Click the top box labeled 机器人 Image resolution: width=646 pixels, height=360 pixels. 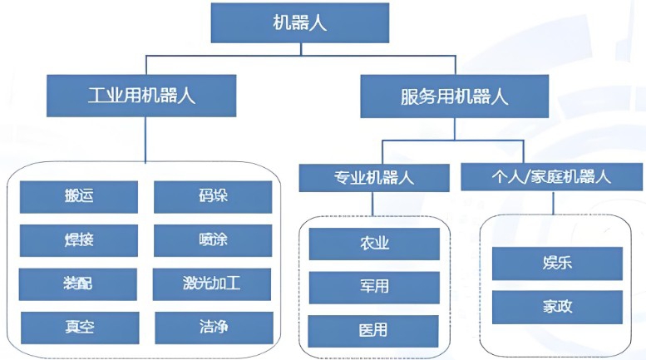point(300,22)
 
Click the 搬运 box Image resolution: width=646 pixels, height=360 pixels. point(78,197)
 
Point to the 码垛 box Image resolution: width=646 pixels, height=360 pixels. point(214,197)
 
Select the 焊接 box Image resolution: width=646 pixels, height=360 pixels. point(78,240)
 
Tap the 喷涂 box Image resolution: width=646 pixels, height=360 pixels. point(214,240)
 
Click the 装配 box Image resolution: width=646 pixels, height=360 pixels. point(78,284)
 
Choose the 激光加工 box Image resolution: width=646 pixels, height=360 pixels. point(214,284)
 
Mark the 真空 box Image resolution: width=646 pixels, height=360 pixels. point(78,327)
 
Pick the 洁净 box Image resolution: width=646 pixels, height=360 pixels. point(214,327)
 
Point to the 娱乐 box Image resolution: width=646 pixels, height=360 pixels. point(556,264)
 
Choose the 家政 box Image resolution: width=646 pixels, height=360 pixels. point(556,307)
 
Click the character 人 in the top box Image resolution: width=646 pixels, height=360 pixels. point(318,22)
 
